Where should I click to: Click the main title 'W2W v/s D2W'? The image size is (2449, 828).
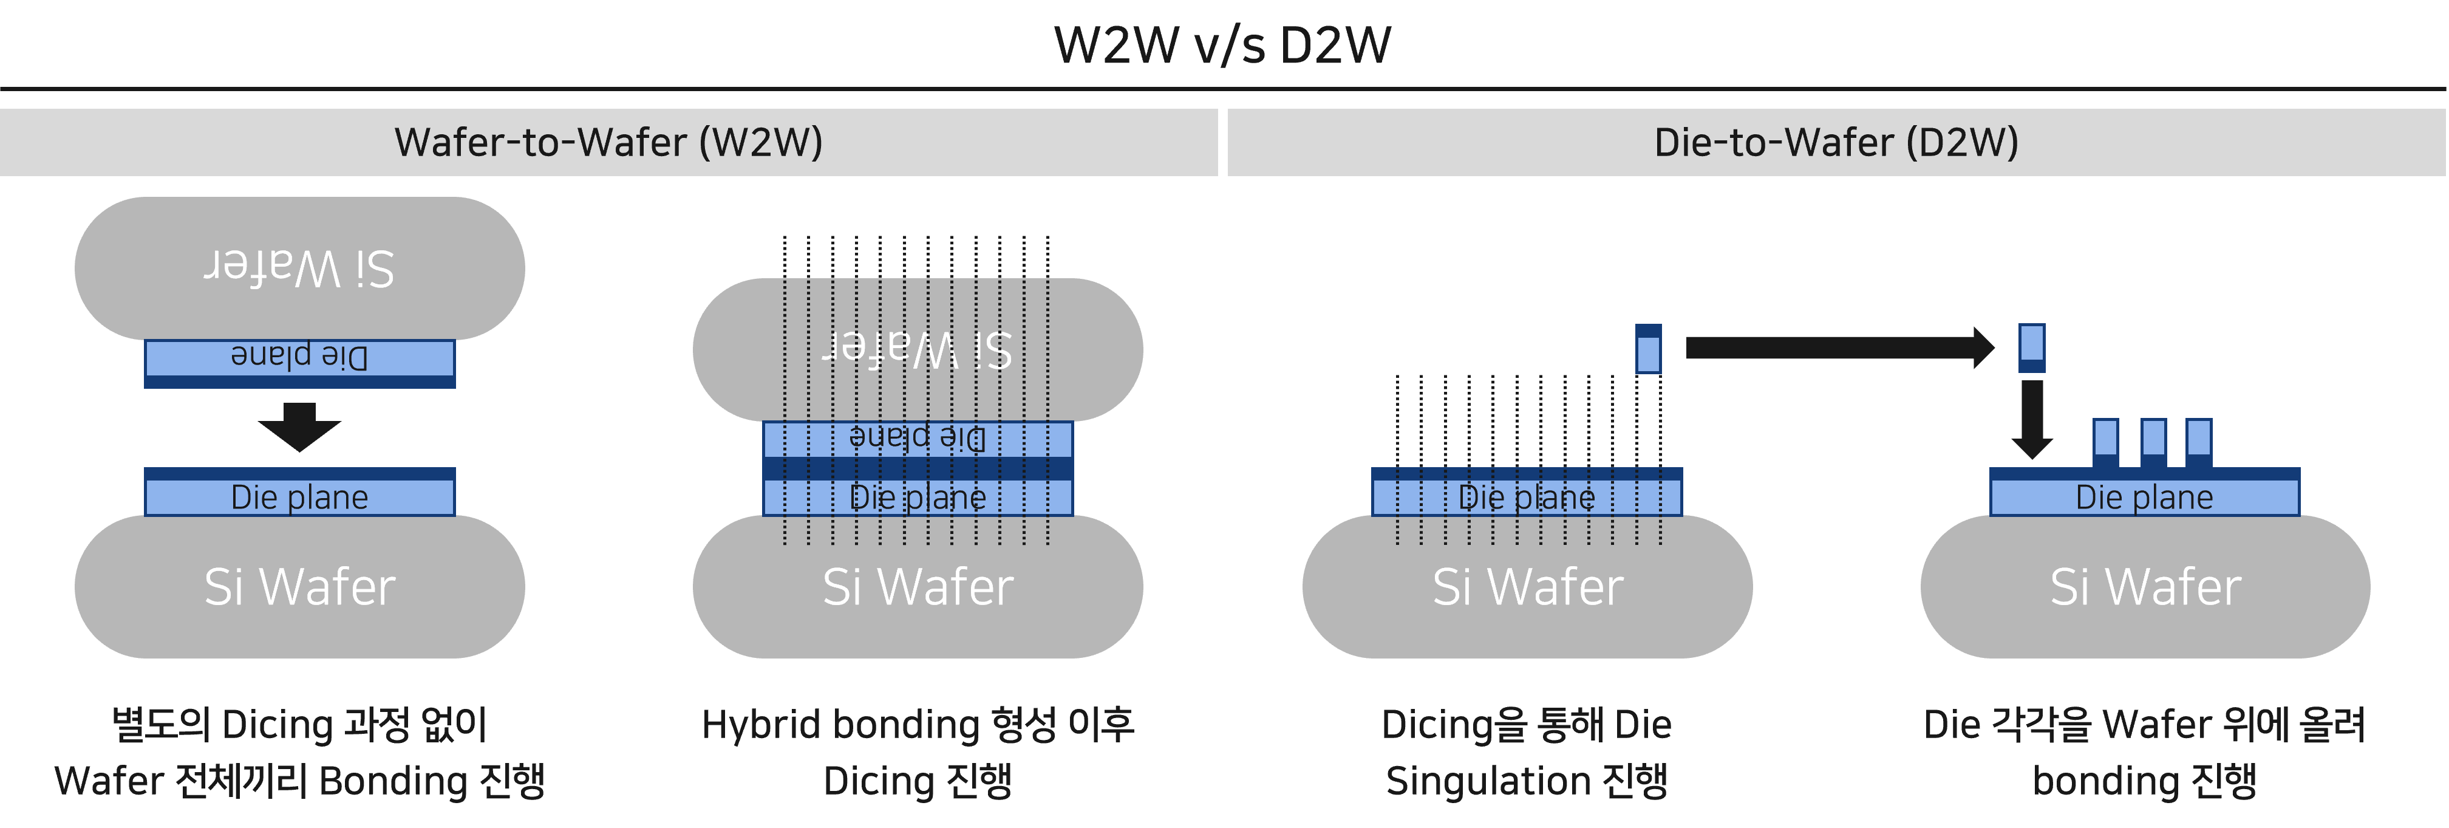[x=1222, y=45]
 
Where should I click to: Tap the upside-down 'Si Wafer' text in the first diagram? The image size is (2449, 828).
[x=299, y=268]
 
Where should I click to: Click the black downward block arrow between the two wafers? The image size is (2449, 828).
[x=299, y=426]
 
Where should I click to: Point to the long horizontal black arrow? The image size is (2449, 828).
[x=1839, y=348]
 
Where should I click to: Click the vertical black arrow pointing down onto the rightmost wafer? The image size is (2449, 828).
[x=2032, y=419]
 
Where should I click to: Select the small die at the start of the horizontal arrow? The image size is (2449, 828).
[x=1649, y=349]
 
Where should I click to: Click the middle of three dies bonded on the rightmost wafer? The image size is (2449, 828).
[x=2153, y=443]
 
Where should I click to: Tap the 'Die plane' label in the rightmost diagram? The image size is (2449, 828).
[x=2144, y=497]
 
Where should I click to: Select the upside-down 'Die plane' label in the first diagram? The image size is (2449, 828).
[x=299, y=357]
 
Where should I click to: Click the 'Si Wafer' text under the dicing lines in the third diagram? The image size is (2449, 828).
[x=1527, y=587]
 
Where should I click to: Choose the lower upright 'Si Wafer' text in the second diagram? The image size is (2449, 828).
[x=918, y=587]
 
